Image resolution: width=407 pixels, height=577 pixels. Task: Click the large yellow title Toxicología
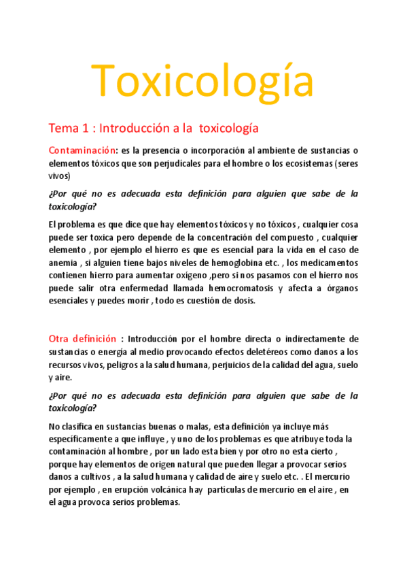[x=202, y=81]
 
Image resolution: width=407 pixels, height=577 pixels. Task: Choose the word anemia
[x=64, y=263]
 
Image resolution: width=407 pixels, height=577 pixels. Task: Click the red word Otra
[x=62, y=339]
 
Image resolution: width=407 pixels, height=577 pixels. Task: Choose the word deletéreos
[x=266, y=352]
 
